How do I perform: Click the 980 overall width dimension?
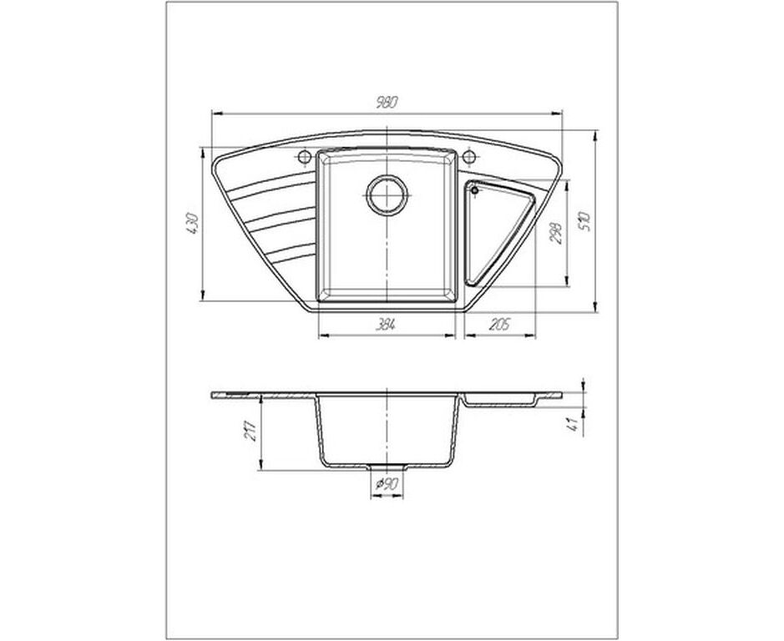387,103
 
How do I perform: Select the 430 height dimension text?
193,224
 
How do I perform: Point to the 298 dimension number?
556,233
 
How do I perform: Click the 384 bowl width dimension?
386,325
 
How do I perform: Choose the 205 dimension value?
498,325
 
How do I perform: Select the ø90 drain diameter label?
387,483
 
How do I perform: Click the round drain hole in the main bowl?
387,195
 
